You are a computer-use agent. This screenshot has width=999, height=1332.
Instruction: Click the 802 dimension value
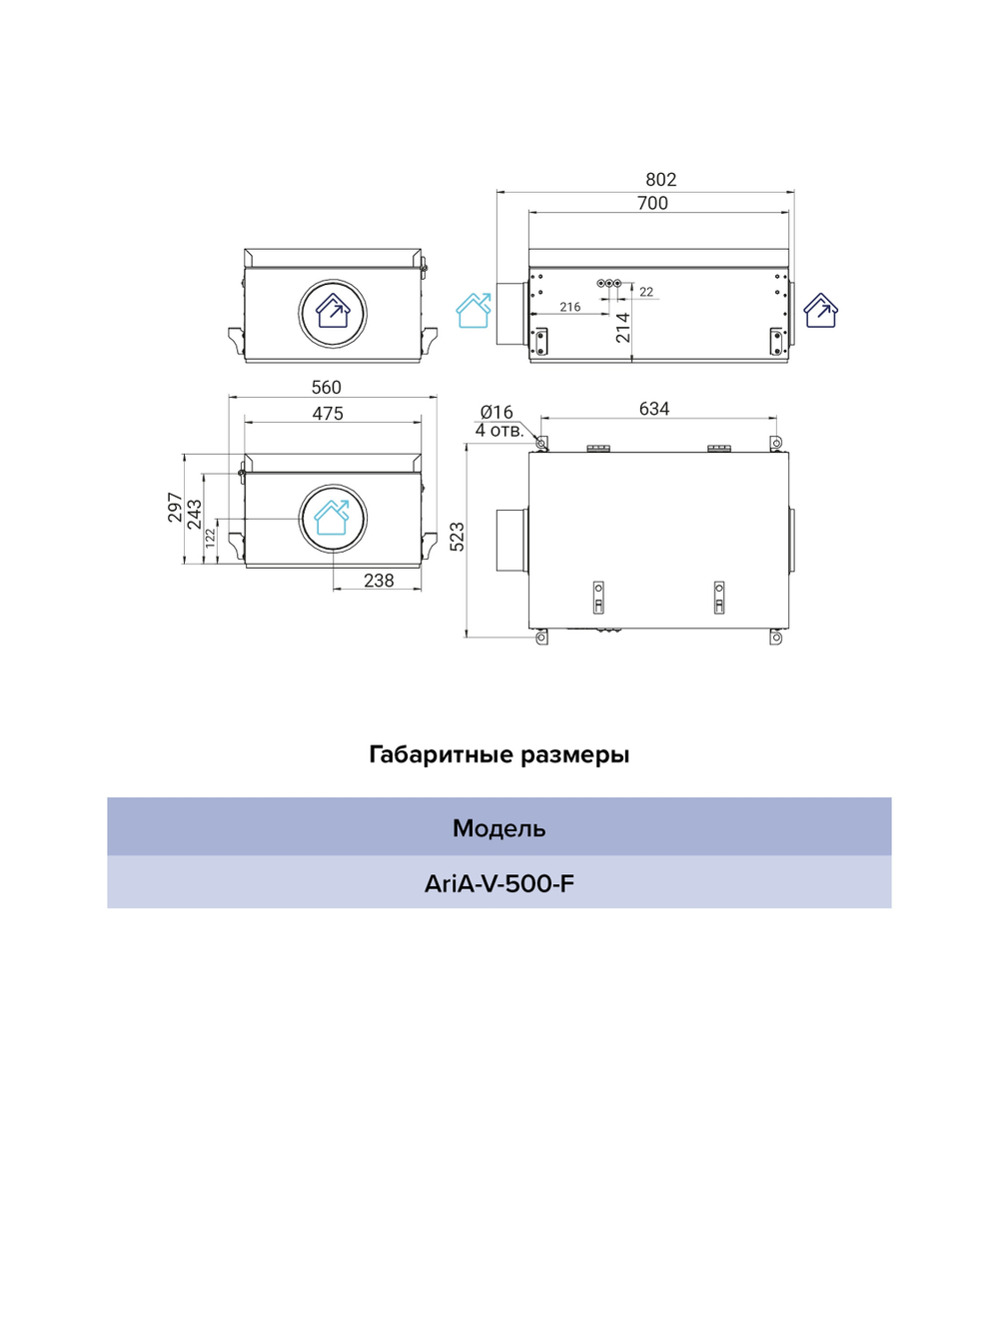coord(660,180)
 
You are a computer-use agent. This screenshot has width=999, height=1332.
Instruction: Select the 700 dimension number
coord(652,203)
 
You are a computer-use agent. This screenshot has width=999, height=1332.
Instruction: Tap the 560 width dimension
coord(327,387)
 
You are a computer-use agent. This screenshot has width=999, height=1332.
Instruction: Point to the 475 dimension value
coord(328,414)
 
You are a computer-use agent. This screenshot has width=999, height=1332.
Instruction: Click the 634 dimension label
coord(654,409)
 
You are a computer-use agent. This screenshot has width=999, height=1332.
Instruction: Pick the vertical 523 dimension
coord(457,536)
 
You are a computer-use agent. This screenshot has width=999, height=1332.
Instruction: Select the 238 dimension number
coord(379,581)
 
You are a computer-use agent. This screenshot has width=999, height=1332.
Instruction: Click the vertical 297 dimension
coord(175,508)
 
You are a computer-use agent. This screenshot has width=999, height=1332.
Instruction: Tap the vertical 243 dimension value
coord(195,515)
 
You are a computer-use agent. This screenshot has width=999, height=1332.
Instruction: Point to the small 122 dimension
coord(211,539)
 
